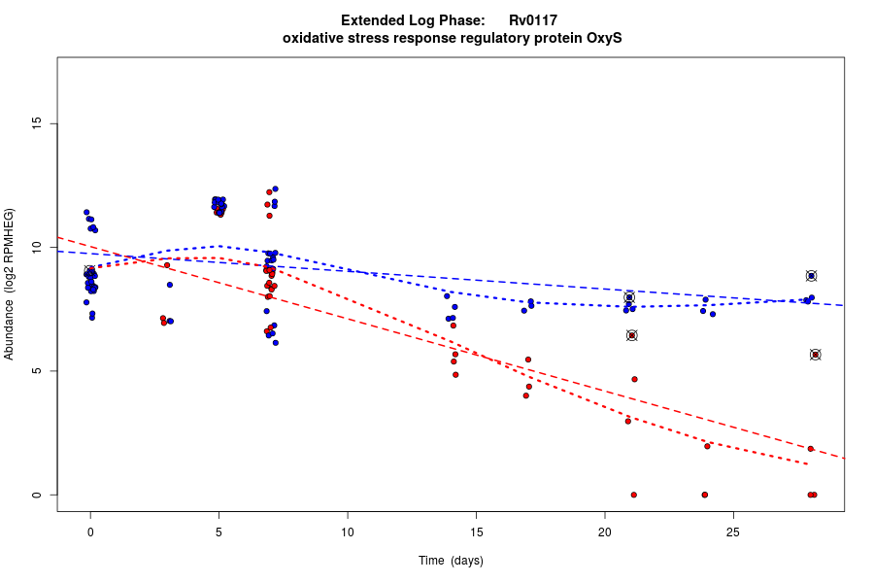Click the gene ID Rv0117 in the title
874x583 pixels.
[532, 19]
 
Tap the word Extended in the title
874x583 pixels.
[374, 19]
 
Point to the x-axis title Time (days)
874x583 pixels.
[451, 561]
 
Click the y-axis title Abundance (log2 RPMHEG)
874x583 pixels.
[10, 284]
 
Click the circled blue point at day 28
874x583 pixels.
[811, 276]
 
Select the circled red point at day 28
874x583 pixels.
[816, 355]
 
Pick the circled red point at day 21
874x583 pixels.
[631, 335]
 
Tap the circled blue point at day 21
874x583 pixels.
[629, 297]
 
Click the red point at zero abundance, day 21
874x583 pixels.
[633, 495]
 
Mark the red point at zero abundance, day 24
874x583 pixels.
[704, 495]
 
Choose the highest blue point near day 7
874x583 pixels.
[275, 189]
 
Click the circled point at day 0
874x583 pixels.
[89, 271]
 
